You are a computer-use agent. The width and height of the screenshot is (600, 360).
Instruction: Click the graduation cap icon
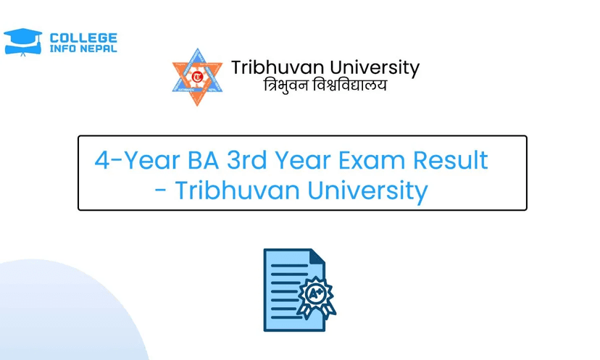(23, 42)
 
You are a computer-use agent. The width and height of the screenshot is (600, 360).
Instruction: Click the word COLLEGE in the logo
(83, 38)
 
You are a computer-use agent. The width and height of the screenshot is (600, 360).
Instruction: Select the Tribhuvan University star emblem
(197, 77)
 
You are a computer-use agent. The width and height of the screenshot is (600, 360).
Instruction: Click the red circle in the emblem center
(197, 77)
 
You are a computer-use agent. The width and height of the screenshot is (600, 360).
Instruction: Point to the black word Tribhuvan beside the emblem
(278, 67)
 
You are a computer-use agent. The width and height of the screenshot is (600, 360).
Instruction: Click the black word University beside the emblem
(375, 68)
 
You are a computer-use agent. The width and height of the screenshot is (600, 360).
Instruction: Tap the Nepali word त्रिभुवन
(286, 85)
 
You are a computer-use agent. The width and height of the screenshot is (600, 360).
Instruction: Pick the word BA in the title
(203, 160)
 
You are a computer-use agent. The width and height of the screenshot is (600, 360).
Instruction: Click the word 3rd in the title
(247, 160)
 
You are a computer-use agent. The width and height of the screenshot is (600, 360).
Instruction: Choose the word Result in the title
(451, 160)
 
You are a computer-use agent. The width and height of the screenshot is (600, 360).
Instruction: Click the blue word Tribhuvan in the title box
(237, 190)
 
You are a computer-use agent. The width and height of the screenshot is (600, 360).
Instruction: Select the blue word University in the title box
(367, 191)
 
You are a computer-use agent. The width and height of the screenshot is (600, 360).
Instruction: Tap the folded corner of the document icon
(317, 256)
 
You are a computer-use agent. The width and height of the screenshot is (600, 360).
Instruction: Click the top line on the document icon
(289, 266)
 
